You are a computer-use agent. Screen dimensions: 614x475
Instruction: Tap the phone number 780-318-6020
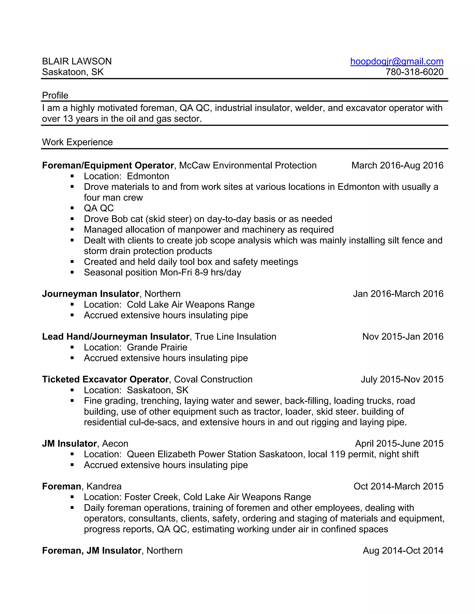coord(414,72)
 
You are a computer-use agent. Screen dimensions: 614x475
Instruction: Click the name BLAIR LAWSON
coord(77,61)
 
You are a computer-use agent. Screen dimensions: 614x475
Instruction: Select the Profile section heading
coord(55,95)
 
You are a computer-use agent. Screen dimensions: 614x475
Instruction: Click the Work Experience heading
coord(77,142)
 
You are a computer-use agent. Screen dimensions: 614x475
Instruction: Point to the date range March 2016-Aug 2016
coord(397,165)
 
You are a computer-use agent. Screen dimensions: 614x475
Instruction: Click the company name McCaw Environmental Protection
coord(248,165)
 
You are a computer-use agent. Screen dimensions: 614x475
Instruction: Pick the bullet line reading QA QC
coord(99,208)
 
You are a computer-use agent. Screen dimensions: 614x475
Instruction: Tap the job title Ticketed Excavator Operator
coord(105,379)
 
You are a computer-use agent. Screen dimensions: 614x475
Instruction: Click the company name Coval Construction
coord(213,379)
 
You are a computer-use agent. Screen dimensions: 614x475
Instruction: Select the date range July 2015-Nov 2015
coord(402,379)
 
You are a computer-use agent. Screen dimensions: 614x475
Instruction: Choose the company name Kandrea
coord(104,486)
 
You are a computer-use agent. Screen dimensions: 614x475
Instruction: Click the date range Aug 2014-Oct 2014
coord(403,550)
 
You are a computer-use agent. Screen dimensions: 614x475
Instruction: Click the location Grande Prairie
coord(157,347)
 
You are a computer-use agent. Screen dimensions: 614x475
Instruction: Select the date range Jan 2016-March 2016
coord(398,294)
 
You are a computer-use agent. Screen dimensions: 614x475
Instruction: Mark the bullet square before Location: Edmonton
coord(72,176)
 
